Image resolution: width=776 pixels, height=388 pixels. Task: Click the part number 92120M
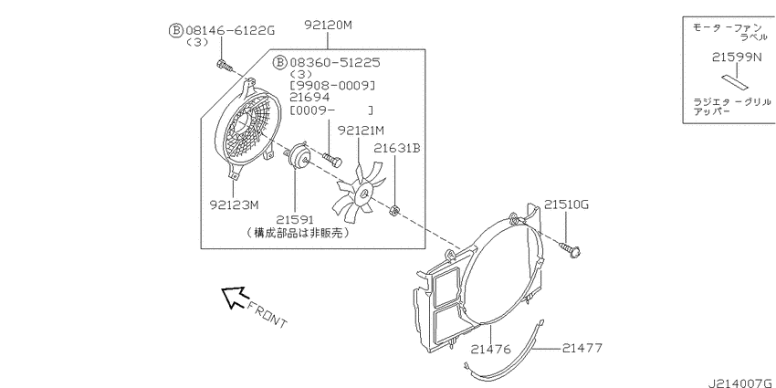point(328,25)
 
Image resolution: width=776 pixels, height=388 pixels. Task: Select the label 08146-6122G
point(230,31)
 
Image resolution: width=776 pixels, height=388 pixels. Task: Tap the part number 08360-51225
point(334,62)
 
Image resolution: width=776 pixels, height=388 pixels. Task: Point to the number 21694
point(309,97)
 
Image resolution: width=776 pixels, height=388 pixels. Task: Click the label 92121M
point(361,131)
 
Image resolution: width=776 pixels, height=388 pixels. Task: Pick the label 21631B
point(397,148)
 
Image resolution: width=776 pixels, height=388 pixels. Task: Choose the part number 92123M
point(234,204)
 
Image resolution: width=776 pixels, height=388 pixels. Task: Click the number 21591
point(295,219)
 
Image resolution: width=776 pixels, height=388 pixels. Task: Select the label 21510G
point(567,204)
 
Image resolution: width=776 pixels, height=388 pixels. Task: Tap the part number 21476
point(490,350)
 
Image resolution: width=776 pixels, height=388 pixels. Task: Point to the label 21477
point(582,348)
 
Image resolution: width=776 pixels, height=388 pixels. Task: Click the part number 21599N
point(737,58)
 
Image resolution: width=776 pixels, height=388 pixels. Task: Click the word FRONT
point(267,315)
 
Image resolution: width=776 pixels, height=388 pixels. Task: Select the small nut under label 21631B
point(394,211)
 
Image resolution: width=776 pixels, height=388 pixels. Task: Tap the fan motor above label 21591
point(299,155)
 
